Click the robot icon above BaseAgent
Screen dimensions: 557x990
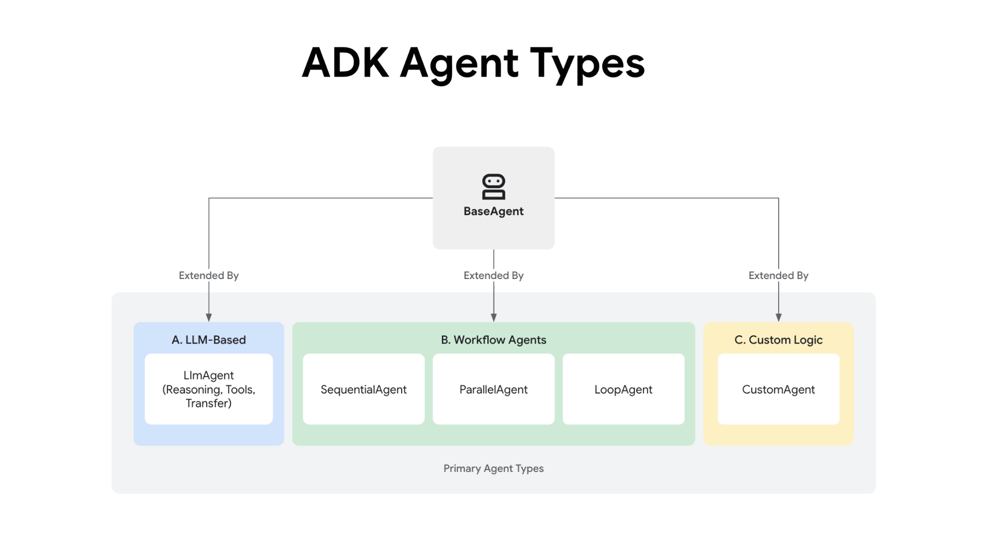tap(493, 186)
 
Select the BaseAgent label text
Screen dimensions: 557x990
tap(493, 211)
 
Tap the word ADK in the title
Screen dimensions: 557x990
tap(345, 63)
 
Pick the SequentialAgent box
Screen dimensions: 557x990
tap(364, 389)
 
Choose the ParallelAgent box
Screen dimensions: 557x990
tap(493, 389)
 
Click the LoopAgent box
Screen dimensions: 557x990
tap(623, 389)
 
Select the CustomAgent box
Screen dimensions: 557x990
tap(778, 389)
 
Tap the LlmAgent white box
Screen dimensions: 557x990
tap(208, 389)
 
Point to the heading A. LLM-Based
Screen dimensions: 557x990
tap(208, 340)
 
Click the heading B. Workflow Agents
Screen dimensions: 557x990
tap(493, 340)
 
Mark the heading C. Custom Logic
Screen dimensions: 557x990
tap(778, 340)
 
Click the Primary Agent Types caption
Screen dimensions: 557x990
tap(493, 468)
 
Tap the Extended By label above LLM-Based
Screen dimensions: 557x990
tap(208, 275)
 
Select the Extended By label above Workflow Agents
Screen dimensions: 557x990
tap(493, 275)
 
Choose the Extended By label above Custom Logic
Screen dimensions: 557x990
tap(778, 275)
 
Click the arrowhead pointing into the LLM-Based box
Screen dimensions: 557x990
tap(208, 317)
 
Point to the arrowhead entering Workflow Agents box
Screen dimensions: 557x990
tap(493, 317)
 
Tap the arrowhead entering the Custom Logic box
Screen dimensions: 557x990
tap(778, 317)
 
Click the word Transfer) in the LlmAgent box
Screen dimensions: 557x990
tap(208, 403)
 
